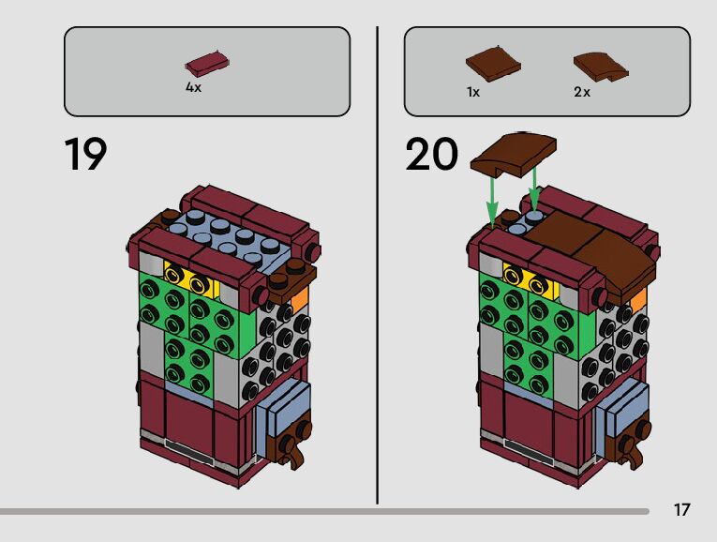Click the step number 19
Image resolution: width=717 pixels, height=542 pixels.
85,155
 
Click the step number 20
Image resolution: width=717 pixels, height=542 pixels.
432,155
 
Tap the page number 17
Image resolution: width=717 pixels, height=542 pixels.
681,510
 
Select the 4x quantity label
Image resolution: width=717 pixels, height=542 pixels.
193,87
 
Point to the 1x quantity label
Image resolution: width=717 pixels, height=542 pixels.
473,92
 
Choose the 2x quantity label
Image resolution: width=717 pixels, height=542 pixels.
582,92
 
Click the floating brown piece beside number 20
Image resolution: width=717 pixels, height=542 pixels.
514,153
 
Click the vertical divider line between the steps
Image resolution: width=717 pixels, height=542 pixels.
378,263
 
